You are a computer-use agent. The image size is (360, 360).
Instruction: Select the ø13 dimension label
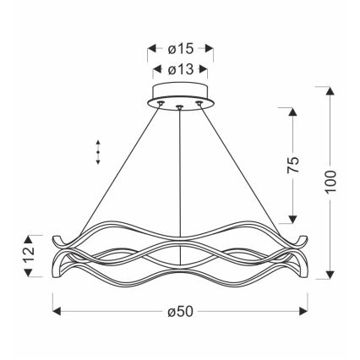tap(181, 70)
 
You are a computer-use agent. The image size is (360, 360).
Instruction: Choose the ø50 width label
tap(181, 314)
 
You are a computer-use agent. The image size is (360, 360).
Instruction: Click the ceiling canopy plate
tap(180, 95)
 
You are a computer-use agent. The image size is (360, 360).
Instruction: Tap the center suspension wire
tap(180, 169)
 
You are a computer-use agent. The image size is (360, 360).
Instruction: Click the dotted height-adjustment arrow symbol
tap(99, 151)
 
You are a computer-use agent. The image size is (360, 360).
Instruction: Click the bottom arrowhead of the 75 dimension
tap(292, 219)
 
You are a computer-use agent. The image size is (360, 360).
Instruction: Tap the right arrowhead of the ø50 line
tap(304, 313)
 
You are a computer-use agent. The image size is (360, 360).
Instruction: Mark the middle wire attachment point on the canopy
tap(180, 106)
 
